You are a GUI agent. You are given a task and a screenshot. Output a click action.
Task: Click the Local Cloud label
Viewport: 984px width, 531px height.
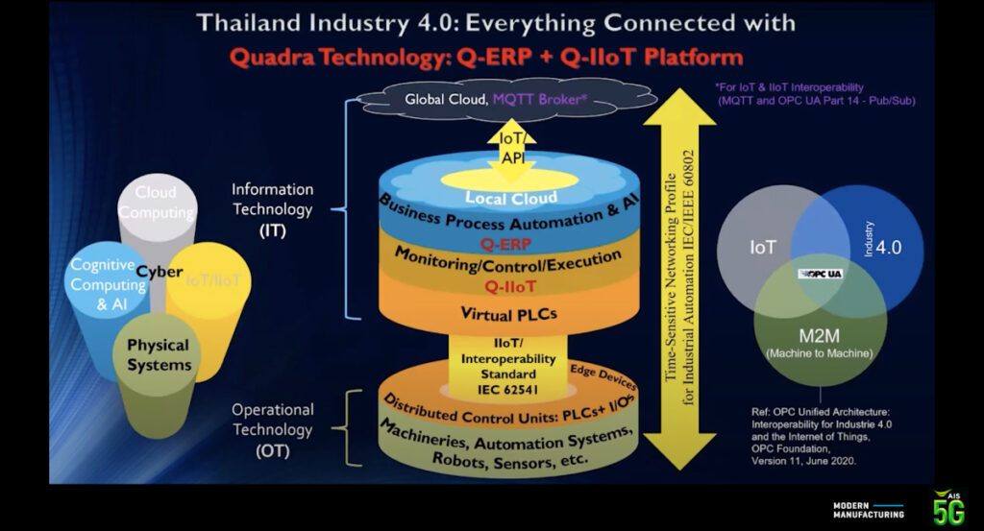click(x=511, y=198)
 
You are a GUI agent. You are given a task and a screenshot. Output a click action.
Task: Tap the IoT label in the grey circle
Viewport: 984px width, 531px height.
click(x=764, y=247)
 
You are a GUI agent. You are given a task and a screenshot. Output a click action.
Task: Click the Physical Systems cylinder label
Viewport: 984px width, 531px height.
click(x=159, y=354)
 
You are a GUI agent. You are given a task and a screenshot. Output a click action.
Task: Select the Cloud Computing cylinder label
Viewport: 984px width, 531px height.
click(x=156, y=203)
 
